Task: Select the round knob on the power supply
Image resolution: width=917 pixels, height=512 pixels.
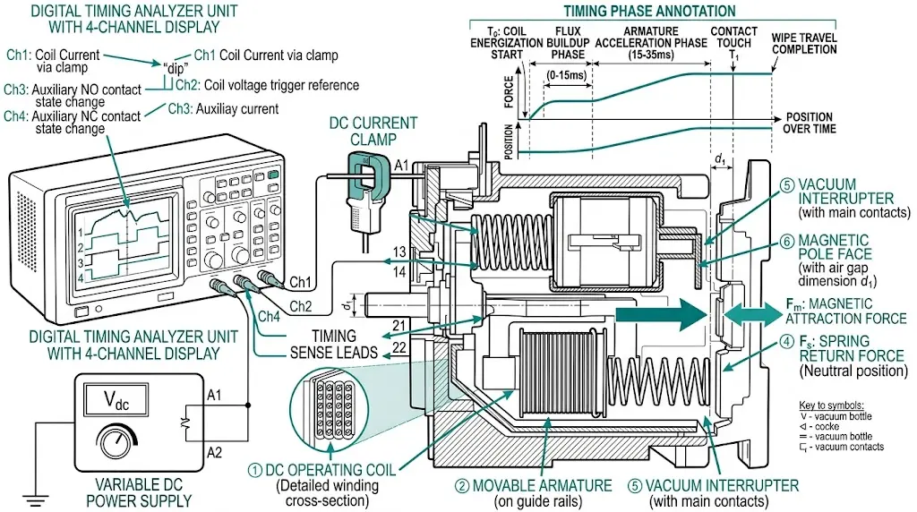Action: (114, 442)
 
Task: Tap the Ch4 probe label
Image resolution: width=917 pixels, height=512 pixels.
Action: (269, 316)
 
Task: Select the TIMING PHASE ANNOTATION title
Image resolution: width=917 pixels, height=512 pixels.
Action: (649, 12)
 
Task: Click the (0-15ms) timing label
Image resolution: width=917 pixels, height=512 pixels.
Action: (567, 74)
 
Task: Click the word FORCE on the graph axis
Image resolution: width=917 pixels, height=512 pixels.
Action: (510, 91)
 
